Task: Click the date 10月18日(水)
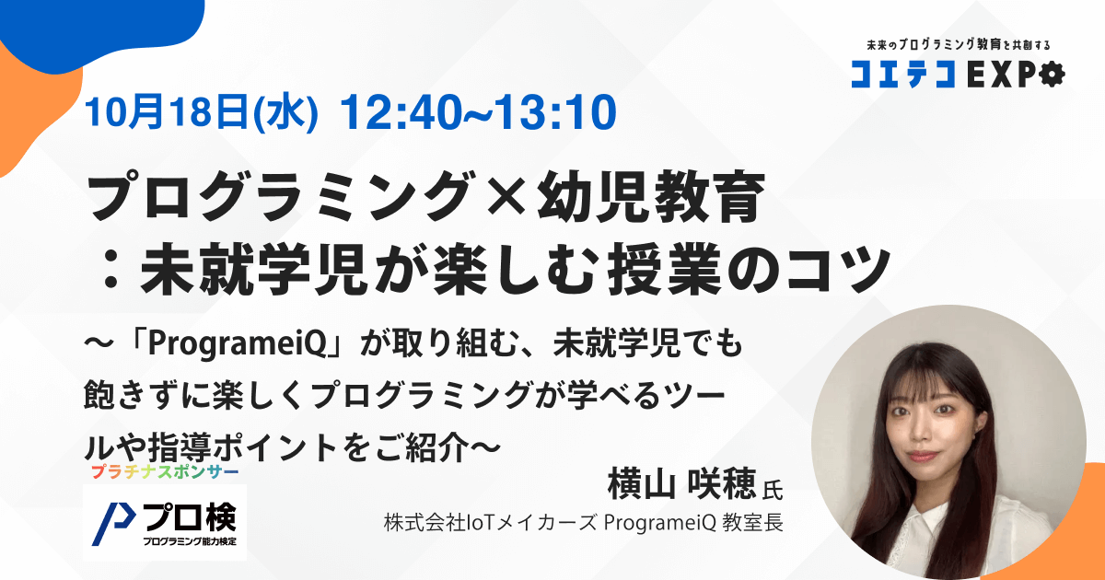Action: pos(202,112)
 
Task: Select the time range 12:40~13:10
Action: pos(479,112)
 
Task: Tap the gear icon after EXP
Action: pos(1052,75)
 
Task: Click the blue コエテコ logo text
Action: pos(902,75)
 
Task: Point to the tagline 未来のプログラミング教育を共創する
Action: pos(959,45)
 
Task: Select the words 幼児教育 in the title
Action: pos(651,196)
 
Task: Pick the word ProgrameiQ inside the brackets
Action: pos(238,343)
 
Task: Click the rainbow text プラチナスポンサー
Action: pos(165,472)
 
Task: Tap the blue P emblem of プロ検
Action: pos(113,524)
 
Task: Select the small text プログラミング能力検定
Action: pos(190,541)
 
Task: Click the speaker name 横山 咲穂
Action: pos(681,484)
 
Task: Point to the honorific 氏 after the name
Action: pos(773,490)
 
